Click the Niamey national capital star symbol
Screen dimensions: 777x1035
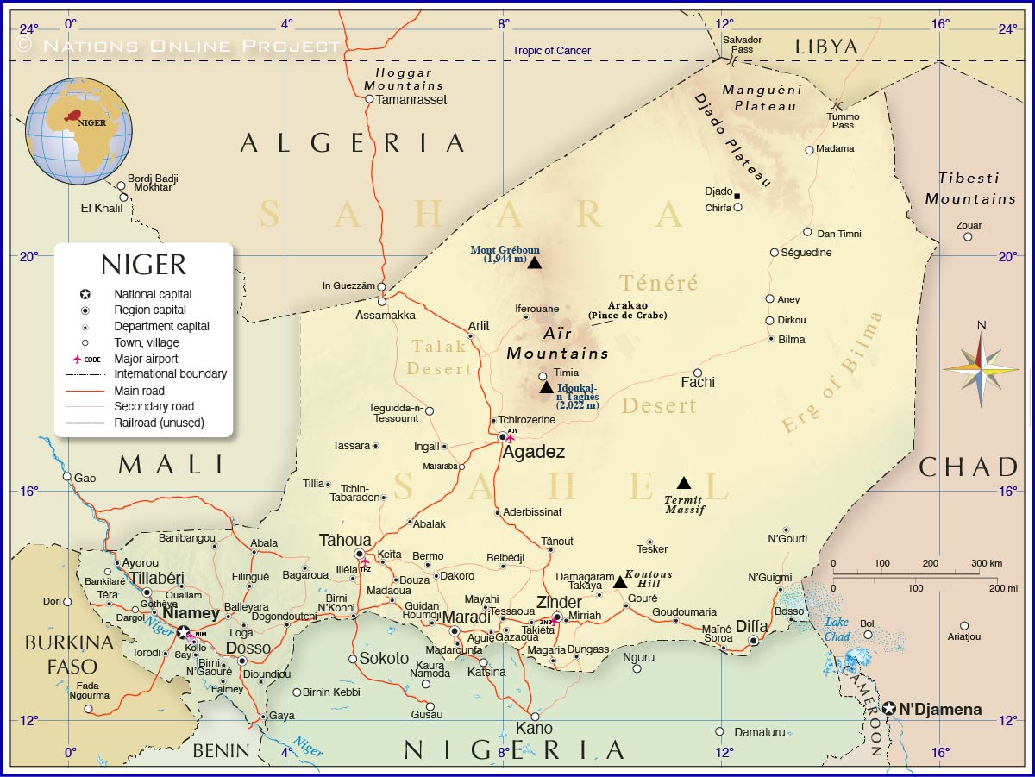(183, 632)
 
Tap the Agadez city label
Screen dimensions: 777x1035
(534, 452)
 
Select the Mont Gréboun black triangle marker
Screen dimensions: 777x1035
(534, 263)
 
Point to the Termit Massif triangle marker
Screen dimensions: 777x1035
(684, 483)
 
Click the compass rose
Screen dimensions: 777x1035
(981, 369)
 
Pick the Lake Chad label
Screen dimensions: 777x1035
(837, 629)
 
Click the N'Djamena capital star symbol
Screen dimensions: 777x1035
(889, 709)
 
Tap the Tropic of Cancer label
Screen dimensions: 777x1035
(552, 51)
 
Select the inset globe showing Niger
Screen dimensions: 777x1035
(79, 131)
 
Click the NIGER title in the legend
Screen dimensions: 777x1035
(143, 264)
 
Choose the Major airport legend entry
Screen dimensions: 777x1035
(146, 359)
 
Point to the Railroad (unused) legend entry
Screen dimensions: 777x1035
(159, 423)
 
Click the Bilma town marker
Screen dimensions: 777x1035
(772, 339)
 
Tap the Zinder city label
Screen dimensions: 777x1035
(559, 602)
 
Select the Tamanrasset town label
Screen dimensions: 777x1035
(412, 99)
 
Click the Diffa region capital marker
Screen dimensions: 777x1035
(753, 641)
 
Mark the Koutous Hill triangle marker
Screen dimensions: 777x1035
(620, 582)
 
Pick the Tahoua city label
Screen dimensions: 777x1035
(345, 540)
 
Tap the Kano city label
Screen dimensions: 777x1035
(534, 729)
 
